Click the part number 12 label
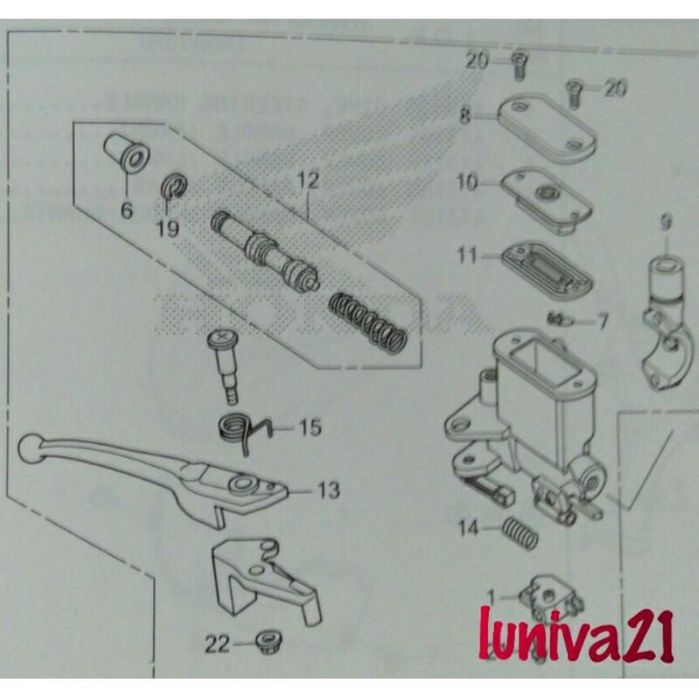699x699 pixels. pyautogui.click(x=307, y=180)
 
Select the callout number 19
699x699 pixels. pyautogui.click(x=168, y=229)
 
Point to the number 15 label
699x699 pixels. pyautogui.click(x=310, y=427)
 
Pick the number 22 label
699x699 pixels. pyautogui.click(x=219, y=643)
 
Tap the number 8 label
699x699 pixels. pyautogui.click(x=465, y=116)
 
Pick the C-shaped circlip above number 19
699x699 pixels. pyautogui.click(x=170, y=186)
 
